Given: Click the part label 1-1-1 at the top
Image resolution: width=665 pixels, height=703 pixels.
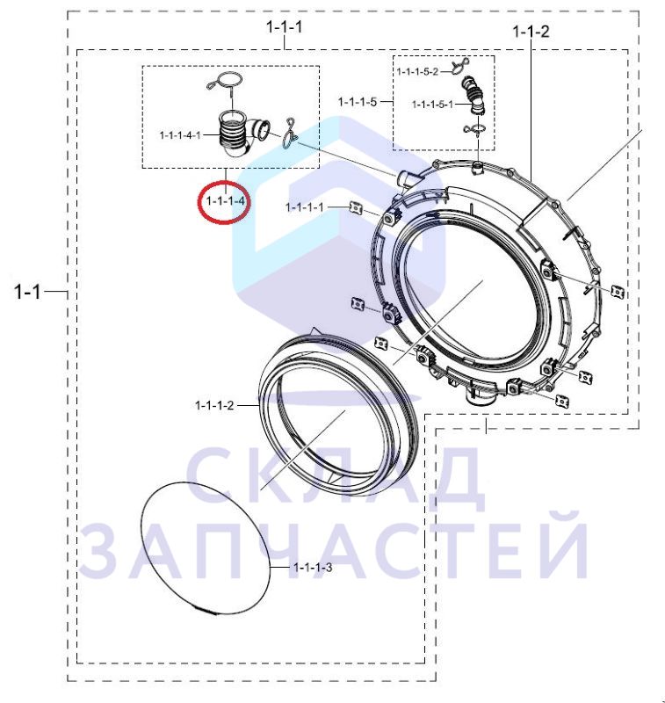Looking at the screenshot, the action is coord(284,27).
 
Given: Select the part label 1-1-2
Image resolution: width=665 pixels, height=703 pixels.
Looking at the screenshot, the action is coord(531,32).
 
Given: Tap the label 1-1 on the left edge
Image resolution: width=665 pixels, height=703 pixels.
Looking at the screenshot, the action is coord(28,292).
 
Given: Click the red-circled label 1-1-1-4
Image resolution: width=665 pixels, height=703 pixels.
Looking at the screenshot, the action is coord(226,201).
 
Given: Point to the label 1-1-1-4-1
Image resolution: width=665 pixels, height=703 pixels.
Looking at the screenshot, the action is coord(180,135).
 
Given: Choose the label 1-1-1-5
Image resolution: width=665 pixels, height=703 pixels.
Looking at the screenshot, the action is coord(358,102).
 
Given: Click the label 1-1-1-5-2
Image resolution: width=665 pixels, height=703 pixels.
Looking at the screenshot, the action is coord(416,72).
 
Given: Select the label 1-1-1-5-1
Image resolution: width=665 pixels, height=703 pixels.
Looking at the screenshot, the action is coord(432,105).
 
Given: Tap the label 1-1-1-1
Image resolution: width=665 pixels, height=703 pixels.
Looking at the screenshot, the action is coord(304,207).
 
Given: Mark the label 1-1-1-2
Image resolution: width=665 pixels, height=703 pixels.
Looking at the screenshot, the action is coord(214,406).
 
